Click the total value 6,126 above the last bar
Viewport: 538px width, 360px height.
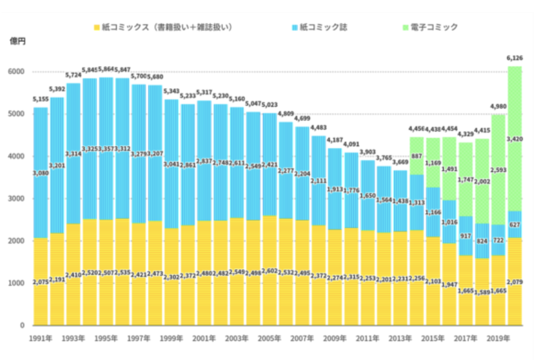pyautogui.click(x=515, y=59)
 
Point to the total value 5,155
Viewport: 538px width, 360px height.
pyautogui.click(x=40, y=100)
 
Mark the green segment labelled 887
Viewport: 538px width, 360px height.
pyautogui.click(x=416, y=156)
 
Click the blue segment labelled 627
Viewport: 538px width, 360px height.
pyautogui.click(x=514, y=224)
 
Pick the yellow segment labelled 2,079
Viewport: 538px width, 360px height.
pyautogui.click(x=514, y=283)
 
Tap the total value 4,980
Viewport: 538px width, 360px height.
pyautogui.click(x=498, y=108)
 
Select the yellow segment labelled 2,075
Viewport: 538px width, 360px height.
pyautogui.click(x=40, y=283)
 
